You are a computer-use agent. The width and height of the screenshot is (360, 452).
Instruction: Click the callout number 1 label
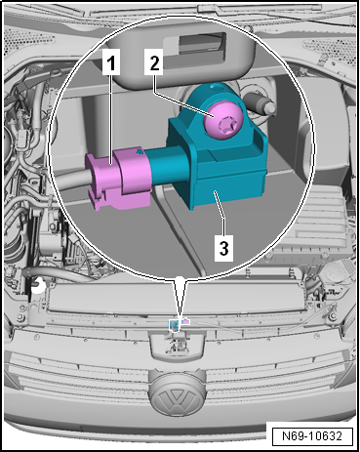click(x=111, y=62)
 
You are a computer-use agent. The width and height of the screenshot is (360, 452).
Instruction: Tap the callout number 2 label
click(x=154, y=62)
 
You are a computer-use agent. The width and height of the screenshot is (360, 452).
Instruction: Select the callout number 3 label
click(x=223, y=249)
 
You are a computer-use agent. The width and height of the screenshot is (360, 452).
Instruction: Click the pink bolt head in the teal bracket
click(x=223, y=122)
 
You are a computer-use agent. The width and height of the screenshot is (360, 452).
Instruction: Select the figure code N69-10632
click(x=312, y=435)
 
